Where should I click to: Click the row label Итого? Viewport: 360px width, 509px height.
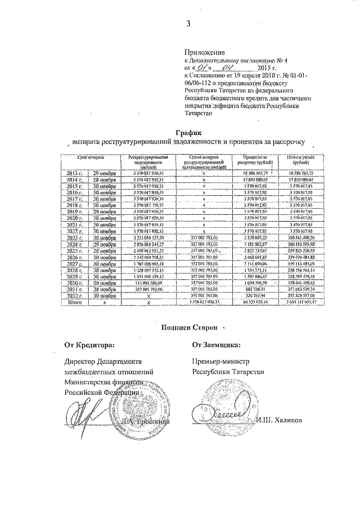pyautogui.click(x=75, y=302)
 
